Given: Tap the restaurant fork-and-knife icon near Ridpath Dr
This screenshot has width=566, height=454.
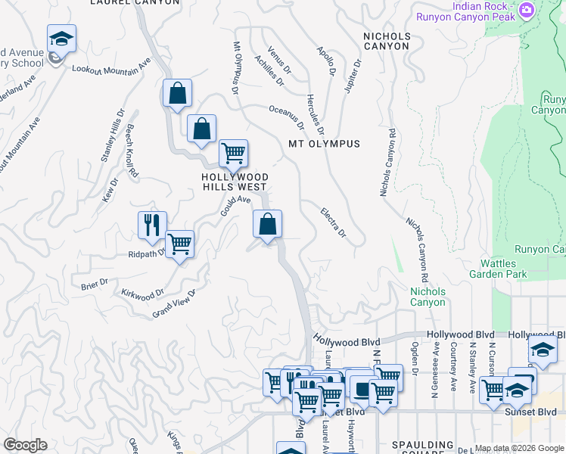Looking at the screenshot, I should pyautogui.click(x=152, y=225).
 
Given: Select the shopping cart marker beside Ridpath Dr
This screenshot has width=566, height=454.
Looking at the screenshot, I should pyautogui.click(x=180, y=244).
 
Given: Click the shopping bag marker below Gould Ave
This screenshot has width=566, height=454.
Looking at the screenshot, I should pyautogui.click(x=267, y=224).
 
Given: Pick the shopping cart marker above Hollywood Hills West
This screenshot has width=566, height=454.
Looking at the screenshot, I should pyautogui.click(x=234, y=154).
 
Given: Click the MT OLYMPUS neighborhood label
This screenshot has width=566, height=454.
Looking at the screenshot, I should pyautogui.click(x=324, y=144).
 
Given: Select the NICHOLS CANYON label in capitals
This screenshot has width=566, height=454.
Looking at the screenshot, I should pyautogui.click(x=387, y=41).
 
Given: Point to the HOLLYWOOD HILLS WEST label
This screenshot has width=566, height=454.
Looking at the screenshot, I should pyautogui.click(x=234, y=182).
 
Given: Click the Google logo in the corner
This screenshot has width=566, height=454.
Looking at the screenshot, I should pyautogui.click(x=25, y=445).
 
